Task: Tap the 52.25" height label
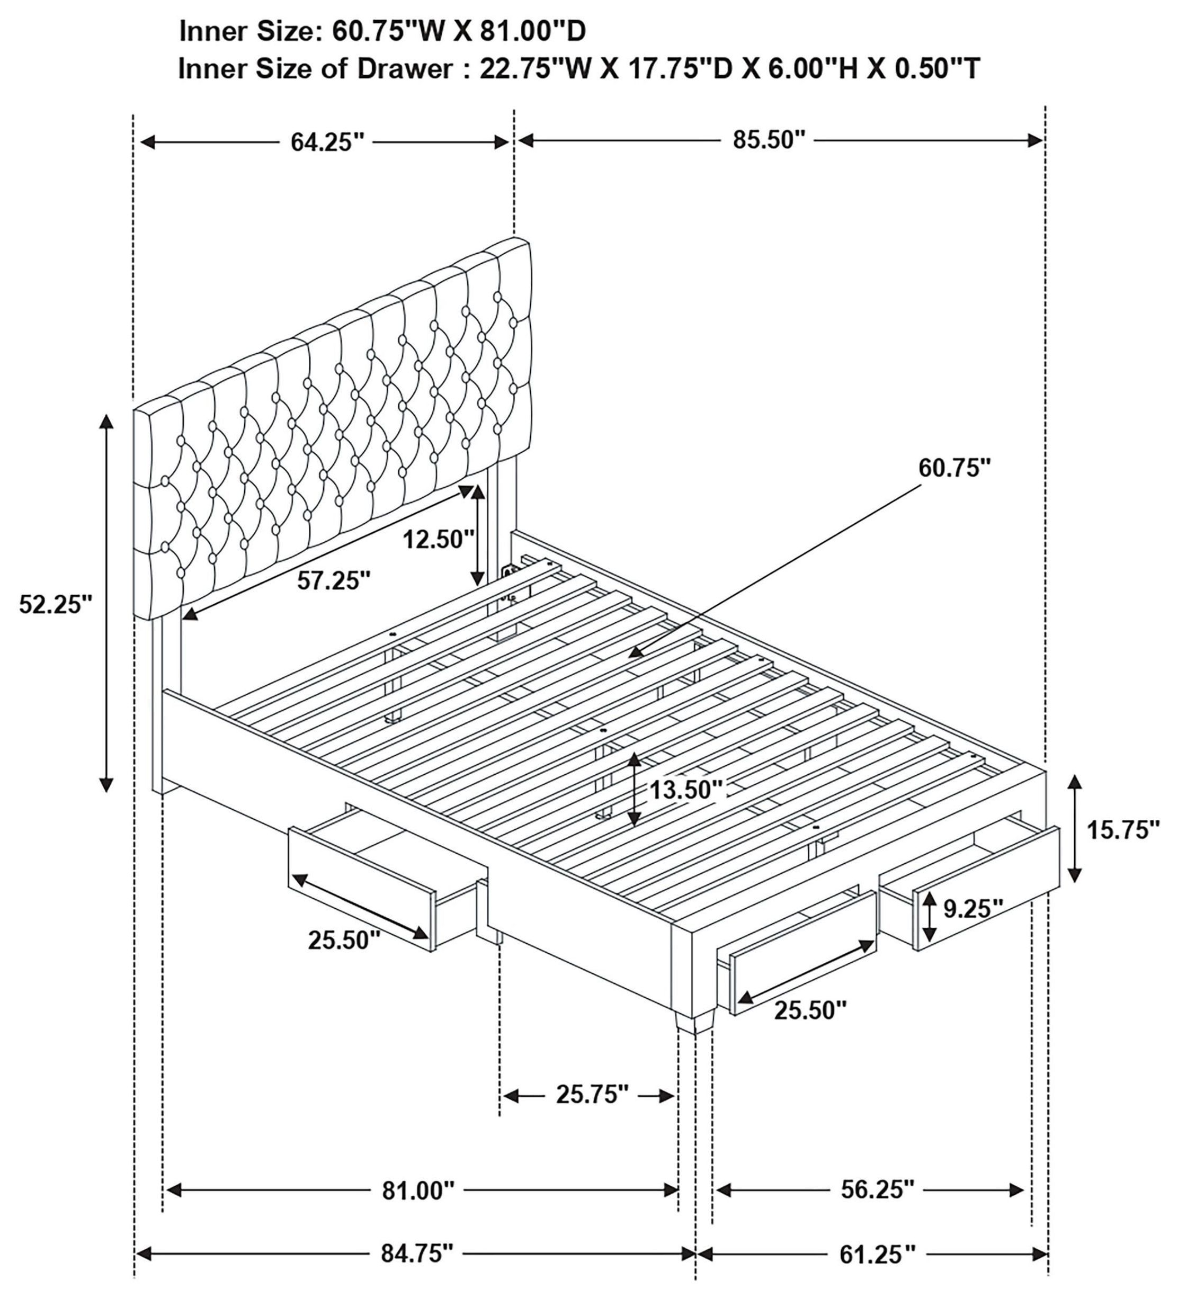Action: click(56, 605)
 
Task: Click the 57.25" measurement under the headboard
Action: click(334, 581)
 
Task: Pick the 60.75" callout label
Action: click(953, 468)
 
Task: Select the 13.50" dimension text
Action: click(687, 790)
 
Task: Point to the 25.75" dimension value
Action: click(592, 1095)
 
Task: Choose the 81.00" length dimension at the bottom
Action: click(418, 1190)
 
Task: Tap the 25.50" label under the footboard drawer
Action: click(809, 1011)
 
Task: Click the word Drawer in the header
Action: click(405, 68)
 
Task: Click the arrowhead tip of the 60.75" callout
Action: click(633, 655)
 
